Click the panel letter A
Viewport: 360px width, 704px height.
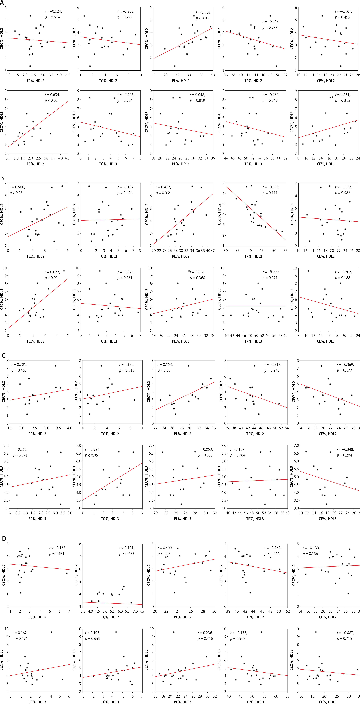point(2,3)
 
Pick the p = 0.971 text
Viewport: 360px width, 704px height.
point(270,278)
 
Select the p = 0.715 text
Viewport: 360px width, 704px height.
point(344,638)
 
